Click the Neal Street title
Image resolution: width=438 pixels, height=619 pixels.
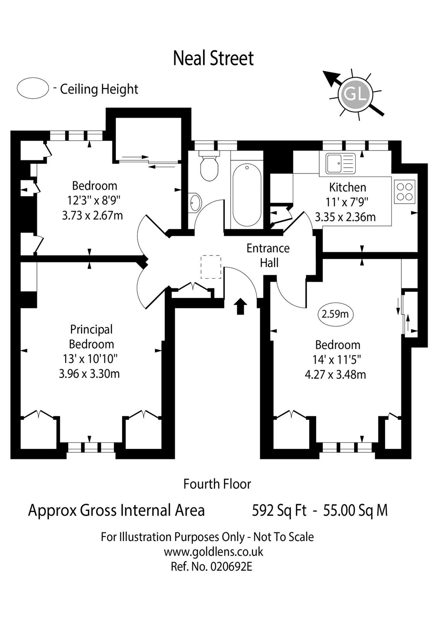[x=213, y=58]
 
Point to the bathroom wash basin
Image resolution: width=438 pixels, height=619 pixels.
[x=194, y=202]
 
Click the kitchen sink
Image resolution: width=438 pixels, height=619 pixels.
[x=341, y=163]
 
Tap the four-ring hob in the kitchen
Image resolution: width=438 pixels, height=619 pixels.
[x=405, y=191]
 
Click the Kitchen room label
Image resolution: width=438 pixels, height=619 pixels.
[x=348, y=187]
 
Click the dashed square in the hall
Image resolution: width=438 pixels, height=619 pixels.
[x=211, y=267]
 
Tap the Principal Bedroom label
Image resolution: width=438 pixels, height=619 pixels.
[x=91, y=337]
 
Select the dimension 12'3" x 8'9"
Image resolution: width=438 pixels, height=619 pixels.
[x=93, y=200]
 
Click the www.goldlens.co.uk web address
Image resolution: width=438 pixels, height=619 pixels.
[x=213, y=552]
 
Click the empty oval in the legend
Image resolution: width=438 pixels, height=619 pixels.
[x=33, y=88]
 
